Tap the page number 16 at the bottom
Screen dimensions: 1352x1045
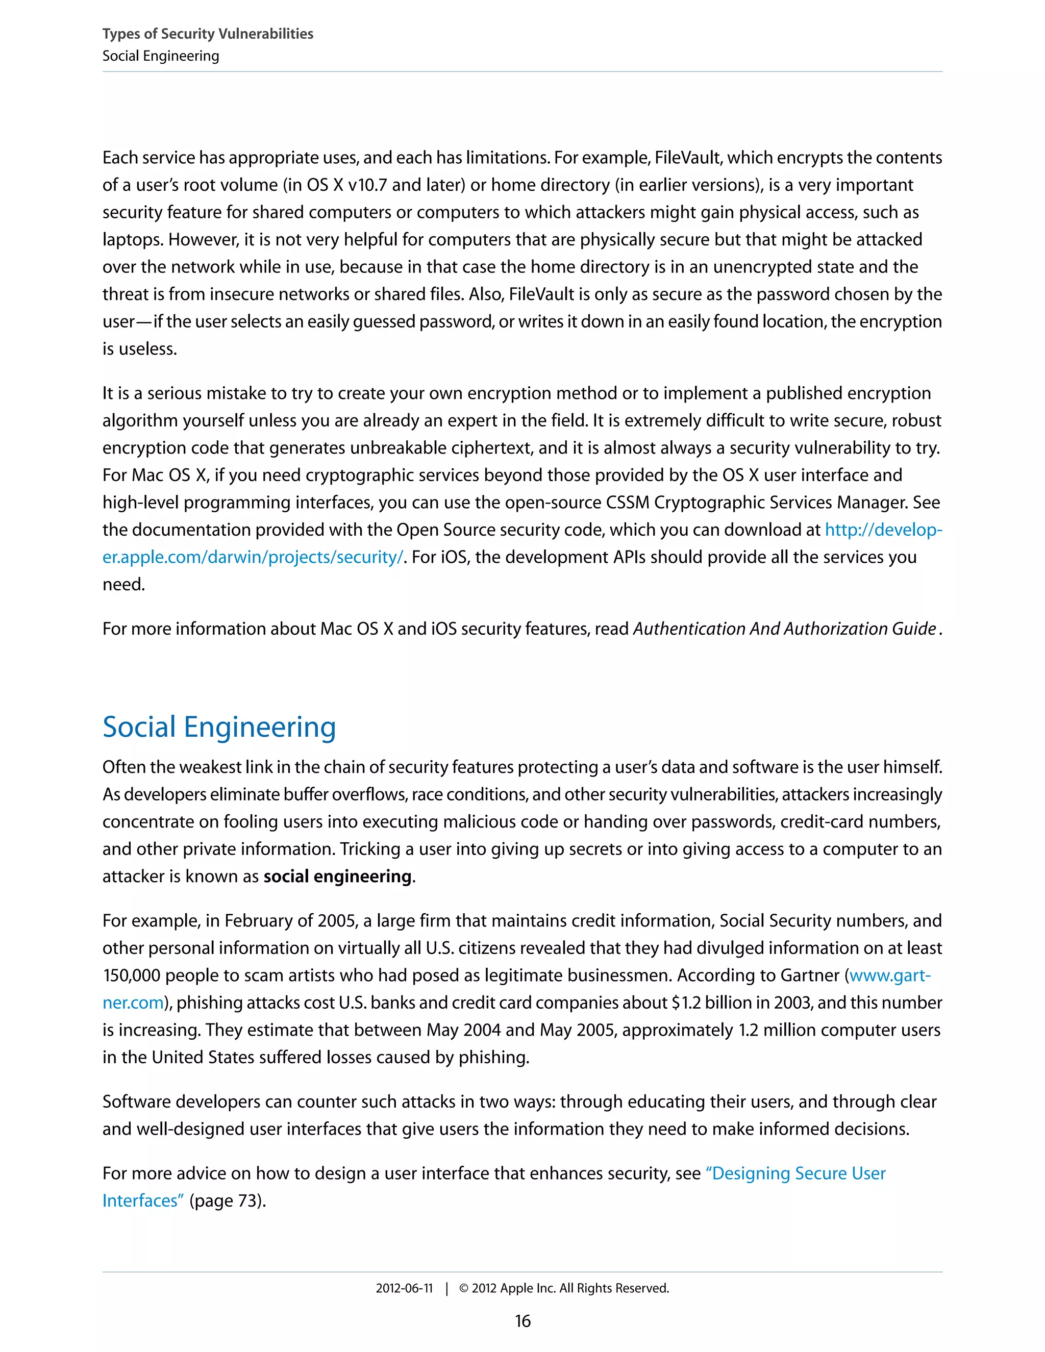coord(522,1321)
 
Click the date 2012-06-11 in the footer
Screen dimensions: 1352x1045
coord(404,1288)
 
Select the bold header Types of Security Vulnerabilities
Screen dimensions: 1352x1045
coord(207,34)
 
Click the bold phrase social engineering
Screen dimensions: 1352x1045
coord(337,876)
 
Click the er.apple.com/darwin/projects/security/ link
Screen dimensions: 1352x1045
coord(253,557)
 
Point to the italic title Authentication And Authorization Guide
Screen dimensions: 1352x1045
coord(784,629)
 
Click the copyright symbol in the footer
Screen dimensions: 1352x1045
coord(464,1288)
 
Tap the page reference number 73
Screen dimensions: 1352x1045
coord(247,1200)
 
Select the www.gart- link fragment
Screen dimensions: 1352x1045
coord(889,975)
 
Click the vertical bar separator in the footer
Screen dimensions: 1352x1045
coord(446,1288)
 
